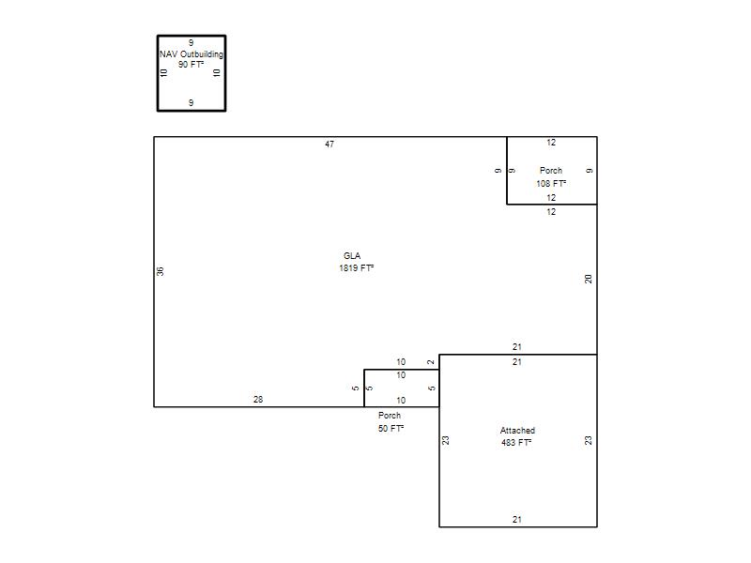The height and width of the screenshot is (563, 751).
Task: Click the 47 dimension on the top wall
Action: [330, 145]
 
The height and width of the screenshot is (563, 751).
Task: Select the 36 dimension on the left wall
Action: [160, 271]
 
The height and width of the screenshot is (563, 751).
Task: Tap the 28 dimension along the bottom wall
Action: [258, 400]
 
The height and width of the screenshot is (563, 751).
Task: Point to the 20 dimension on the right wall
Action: [589, 279]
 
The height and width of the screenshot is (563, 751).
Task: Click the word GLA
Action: [352, 255]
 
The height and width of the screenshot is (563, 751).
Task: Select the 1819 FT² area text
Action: [357, 268]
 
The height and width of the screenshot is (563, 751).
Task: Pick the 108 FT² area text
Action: [551, 183]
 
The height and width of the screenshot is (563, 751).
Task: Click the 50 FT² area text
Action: [391, 429]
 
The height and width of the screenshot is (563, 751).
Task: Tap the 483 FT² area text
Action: [516, 443]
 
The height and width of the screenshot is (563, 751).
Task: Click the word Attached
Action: [517, 431]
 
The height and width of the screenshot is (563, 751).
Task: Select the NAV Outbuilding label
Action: [192, 54]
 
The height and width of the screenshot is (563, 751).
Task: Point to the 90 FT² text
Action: [192, 65]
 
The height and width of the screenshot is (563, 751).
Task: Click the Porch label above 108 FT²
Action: [551, 171]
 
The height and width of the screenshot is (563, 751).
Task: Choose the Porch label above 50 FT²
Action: [390, 416]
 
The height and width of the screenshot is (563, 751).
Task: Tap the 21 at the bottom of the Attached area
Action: [517, 520]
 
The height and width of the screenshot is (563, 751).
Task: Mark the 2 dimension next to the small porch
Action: [431, 362]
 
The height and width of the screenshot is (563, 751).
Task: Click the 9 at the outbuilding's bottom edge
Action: [192, 103]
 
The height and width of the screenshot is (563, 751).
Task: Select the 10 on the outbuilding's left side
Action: [163, 73]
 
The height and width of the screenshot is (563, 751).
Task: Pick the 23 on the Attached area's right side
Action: [589, 440]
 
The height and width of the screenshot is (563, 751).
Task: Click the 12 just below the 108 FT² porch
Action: [551, 212]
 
